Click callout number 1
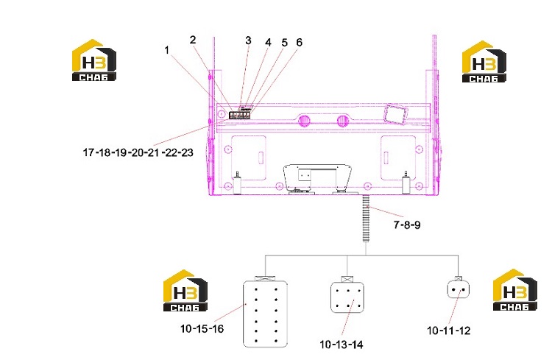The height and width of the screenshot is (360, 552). (x=167, y=50)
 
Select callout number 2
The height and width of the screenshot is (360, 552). (x=193, y=40)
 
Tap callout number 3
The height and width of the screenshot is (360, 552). (x=248, y=40)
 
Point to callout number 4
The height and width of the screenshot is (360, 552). (x=268, y=43)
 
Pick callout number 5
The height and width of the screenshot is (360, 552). (x=284, y=43)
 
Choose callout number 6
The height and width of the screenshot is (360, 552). (x=300, y=42)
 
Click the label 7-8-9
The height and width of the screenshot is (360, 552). (x=407, y=225)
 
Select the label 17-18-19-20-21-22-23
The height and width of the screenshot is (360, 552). (x=138, y=152)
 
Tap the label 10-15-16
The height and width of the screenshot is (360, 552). (x=202, y=328)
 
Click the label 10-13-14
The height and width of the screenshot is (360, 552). (x=341, y=344)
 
